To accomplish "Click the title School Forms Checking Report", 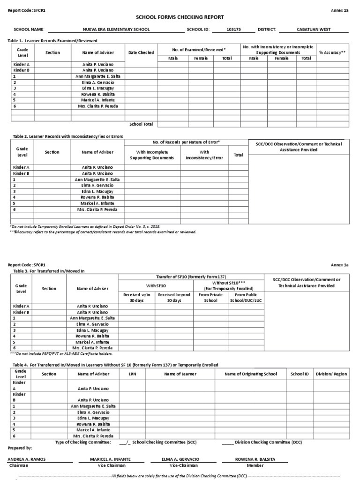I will pyautogui.click(x=180, y=17).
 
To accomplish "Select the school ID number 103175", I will pyautogui.click(x=231, y=30).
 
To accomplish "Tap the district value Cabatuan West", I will pyautogui.click(x=314, y=30).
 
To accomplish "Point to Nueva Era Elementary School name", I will pyautogui.click(x=116, y=30).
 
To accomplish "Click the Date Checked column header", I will pyautogui.click(x=141, y=52).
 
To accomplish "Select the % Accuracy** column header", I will pyautogui.click(x=332, y=52).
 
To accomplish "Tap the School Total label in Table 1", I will pyautogui.click(x=141, y=124).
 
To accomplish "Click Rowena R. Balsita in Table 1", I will pyautogui.click(x=98, y=94).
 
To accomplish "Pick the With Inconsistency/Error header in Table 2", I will pyautogui.click(x=204, y=155).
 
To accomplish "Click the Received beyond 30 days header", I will pyautogui.click(x=174, y=297).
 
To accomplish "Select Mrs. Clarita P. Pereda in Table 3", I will pyautogui.click(x=92, y=348).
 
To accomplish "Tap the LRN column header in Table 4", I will pyautogui.click(x=132, y=374).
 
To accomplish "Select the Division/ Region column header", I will pyautogui.click(x=331, y=374).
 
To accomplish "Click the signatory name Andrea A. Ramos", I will pyautogui.click(x=27, y=459).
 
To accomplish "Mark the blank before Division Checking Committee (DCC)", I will pyautogui.click(x=227, y=442).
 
